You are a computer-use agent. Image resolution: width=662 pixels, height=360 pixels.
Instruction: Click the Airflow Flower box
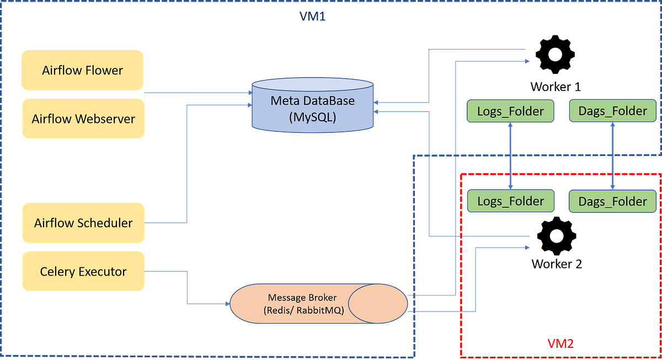pos(82,70)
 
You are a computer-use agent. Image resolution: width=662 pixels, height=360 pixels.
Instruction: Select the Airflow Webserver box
pos(83,119)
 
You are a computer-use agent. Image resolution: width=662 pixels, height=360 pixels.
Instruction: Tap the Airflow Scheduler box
pos(83,223)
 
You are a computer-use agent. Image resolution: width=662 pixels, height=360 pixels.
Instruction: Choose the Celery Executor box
pos(83,271)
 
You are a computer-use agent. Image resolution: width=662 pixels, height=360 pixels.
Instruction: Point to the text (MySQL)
pos(312,117)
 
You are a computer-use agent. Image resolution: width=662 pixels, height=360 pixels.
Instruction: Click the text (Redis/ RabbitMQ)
pos(304,310)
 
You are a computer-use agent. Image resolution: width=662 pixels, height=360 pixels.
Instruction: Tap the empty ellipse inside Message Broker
pos(378,303)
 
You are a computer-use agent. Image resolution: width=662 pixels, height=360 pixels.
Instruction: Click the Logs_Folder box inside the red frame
pos(510,201)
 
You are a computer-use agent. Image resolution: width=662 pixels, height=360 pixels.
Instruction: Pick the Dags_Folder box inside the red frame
pos(612,202)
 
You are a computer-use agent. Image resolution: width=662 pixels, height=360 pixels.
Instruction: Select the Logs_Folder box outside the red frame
pos(510,111)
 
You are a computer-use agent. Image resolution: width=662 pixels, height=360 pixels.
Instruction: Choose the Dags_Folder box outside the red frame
pos(612,111)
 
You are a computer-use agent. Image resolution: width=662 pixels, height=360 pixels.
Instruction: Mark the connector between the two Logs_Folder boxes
pos(511,156)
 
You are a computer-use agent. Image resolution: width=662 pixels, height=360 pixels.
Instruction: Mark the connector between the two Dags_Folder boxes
pos(612,156)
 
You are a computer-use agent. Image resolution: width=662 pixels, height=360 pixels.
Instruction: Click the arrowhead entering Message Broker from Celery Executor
pos(226,304)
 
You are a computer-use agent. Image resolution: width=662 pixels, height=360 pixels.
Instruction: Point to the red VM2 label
pos(560,343)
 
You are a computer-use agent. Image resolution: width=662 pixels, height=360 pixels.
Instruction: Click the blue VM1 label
pos(313,17)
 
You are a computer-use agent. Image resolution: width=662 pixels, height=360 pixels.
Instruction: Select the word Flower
pos(104,70)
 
